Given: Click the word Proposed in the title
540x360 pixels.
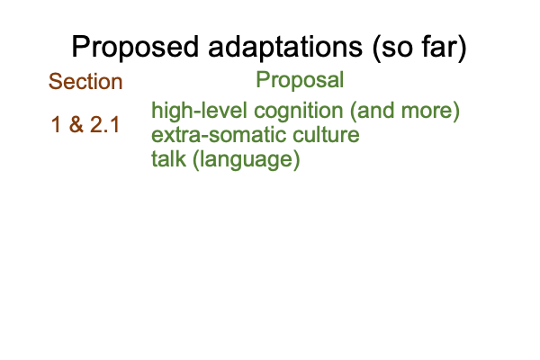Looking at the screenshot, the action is (x=135, y=48).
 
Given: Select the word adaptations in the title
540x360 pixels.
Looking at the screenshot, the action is (x=285, y=48).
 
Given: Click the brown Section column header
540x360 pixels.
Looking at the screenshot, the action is (x=85, y=81).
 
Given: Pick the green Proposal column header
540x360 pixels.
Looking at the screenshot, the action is (x=300, y=79).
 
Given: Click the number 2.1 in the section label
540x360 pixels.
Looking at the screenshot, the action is (x=104, y=124).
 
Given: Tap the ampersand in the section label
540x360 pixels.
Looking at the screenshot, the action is (x=76, y=124).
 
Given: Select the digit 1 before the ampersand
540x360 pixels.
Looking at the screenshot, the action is (x=56, y=124).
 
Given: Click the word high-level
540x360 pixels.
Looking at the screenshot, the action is (x=200, y=111).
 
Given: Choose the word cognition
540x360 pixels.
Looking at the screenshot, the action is (x=298, y=112).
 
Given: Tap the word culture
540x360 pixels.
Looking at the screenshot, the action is (x=326, y=135).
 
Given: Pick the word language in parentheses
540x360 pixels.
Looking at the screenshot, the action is (x=247, y=160).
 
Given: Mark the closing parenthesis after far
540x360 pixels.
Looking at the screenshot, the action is (x=462, y=49).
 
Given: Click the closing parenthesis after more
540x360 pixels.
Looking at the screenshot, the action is (x=456, y=112).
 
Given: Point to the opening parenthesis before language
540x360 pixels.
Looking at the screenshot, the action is (x=196, y=160).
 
